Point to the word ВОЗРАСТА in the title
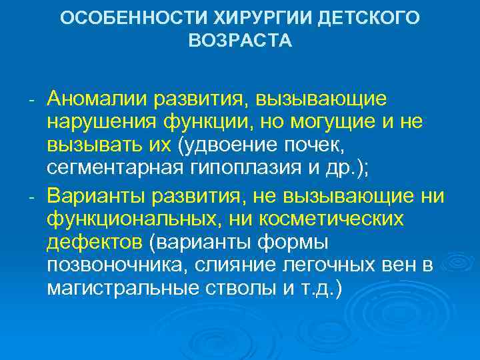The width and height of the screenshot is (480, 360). (240, 41)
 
